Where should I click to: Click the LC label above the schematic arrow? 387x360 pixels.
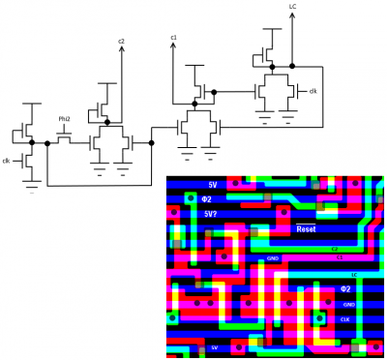292,7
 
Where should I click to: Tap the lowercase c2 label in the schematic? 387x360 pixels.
122,41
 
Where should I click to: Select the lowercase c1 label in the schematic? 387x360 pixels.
174,38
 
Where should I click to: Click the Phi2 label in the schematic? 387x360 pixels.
65,119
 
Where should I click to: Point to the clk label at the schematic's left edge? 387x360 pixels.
6,161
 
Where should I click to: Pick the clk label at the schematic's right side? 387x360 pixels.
313,91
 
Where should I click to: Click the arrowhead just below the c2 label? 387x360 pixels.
122,49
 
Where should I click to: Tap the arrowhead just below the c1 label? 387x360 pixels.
173,46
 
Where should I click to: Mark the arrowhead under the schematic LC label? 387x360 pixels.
292,16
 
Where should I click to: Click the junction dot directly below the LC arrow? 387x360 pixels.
292,67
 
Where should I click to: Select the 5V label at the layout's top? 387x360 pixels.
213,185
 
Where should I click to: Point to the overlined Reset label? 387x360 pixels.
306,229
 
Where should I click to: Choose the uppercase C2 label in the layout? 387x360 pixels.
336,249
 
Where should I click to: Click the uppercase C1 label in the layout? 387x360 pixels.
340,257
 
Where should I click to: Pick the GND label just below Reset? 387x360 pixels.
273,259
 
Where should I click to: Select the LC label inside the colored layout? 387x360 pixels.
354,275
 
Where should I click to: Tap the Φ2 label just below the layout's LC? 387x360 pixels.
345,288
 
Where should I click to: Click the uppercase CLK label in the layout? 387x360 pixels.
345,319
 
